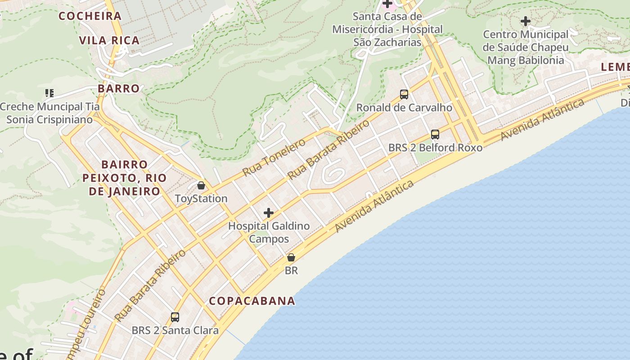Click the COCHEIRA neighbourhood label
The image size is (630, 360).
pos(90,16)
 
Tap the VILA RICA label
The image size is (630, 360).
pos(109,40)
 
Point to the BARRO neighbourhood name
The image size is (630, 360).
pos(119,88)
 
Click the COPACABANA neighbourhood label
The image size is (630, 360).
pos(252,301)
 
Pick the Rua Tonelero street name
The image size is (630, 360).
pos(274,157)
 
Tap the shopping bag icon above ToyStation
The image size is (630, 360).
pos(201,185)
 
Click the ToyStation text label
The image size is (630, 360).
pos(201,198)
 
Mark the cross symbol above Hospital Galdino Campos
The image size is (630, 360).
pos(269,213)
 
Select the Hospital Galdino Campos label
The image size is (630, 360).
pos(269,232)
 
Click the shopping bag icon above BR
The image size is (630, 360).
pos(291,258)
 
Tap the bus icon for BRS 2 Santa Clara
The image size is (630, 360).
pos(175,317)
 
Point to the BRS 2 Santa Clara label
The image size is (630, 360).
pos(175,330)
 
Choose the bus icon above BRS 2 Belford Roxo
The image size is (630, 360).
pos(435,134)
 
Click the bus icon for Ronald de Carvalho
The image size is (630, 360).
pos(404,94)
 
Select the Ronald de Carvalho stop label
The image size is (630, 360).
pos(404,108)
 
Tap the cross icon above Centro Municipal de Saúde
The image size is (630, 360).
pos(525,21)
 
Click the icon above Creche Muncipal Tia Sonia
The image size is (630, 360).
pos(49,93)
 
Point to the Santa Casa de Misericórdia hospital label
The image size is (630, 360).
pos(387,29)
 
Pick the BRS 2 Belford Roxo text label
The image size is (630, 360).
pos(435,147)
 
